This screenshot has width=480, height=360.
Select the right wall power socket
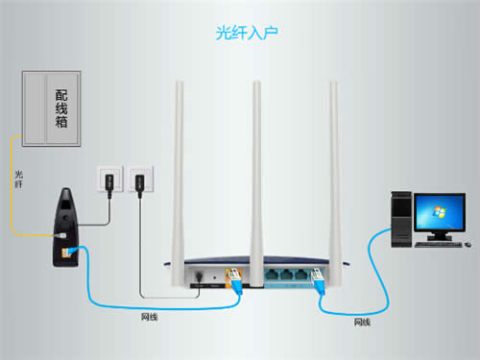[139, 179]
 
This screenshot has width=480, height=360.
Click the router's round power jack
[198, 276]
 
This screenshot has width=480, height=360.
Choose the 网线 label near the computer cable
[361, 323]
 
